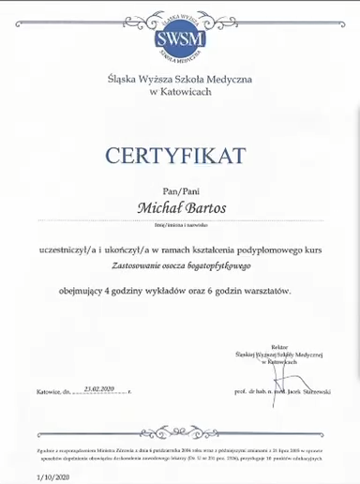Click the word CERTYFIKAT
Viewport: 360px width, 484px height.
pyautogui.click(x=180, y=153)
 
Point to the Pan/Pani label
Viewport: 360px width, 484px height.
pyautogui.click(x=181, y=187)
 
